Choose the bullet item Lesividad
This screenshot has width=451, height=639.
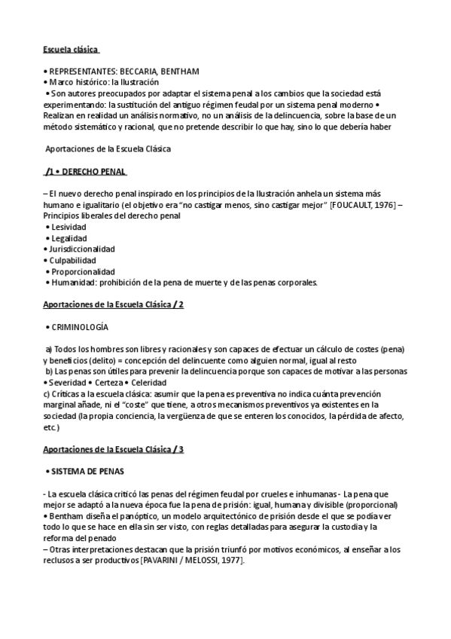click(x=69, y=227)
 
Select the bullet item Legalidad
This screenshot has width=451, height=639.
click(x=69, y=238)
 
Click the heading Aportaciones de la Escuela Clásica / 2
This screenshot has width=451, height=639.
click(x=114, y=304)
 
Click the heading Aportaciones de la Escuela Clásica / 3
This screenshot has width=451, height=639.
click(x=114, y=449)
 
